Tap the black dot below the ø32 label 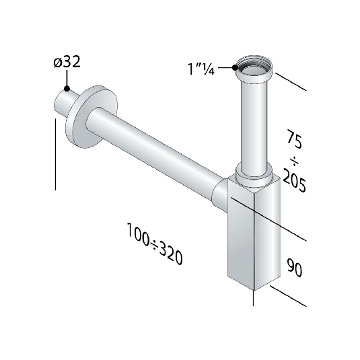point(67,87)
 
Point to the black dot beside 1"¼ point(235,67)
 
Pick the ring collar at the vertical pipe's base point(254,176)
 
